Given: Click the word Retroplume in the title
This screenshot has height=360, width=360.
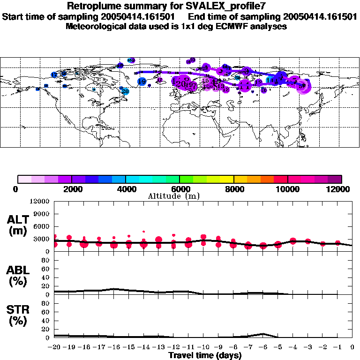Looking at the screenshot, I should point(95,6).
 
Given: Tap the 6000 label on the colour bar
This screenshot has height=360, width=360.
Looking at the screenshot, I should point(180,189).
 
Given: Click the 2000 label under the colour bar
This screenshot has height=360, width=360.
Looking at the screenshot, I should point(71,189).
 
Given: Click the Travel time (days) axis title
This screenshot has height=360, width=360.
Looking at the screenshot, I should point(205,356).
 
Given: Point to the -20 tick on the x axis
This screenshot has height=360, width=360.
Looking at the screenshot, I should point(54,347).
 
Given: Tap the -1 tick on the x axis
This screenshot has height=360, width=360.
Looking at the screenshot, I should point(337,347).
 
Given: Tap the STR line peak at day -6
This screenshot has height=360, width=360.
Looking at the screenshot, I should point(263,334).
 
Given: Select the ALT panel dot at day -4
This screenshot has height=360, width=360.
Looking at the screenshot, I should point(293,241).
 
